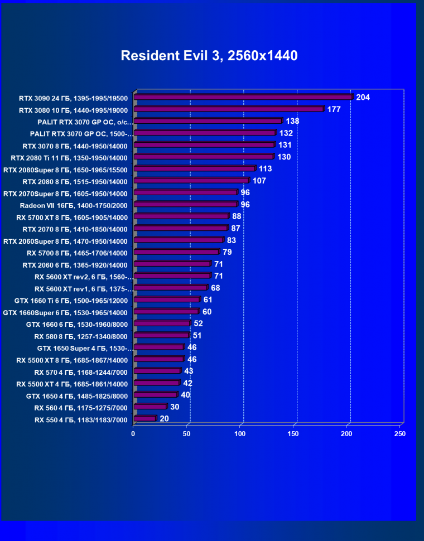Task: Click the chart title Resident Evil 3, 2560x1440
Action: [209, 56]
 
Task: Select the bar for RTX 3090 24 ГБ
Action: [243, 97]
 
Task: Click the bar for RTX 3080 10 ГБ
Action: [229, 109]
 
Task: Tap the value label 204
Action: [363, 97]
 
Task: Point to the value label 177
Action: [334, 109]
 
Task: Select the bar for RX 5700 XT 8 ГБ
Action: [181, 216]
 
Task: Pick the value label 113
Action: [266, 169]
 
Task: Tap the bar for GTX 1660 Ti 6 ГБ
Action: [167, 300]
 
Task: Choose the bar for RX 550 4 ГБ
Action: [145, 418]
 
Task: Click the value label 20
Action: [164, 418]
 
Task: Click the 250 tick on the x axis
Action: [399, 433]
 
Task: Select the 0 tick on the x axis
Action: [133, 433]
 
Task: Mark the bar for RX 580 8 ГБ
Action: [162, 336]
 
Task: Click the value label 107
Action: [259, 181]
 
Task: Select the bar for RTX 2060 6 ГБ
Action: [172, 264]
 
